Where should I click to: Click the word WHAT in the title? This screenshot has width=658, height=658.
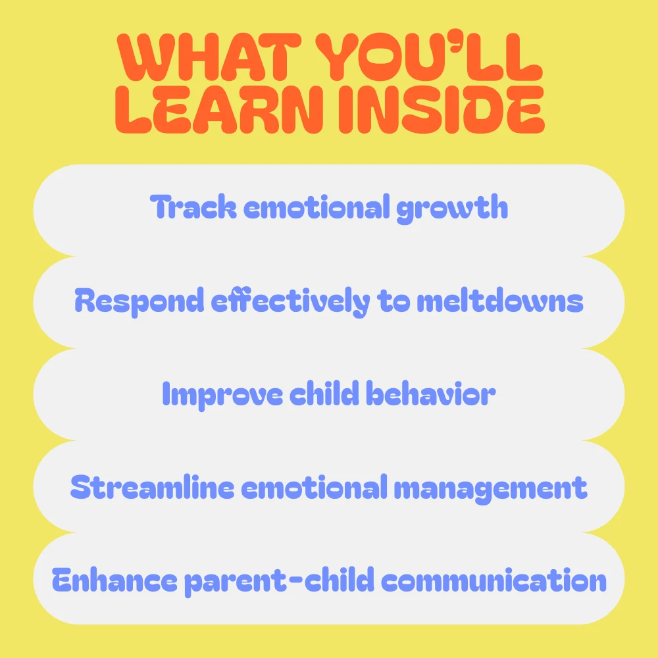coord(209,57)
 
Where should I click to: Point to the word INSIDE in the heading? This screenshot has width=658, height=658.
coord(442,109)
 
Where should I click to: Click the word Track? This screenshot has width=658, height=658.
coord(193,207)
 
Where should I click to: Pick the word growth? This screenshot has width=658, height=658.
coord(452,209)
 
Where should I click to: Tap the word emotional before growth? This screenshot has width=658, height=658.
coord(316,207)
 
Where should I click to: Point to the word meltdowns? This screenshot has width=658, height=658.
coord(500,301)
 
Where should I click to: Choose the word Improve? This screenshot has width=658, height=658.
coord(222,395)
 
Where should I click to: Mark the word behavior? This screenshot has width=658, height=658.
coord(430,393)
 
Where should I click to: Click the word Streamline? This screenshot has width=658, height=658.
coord(153,487)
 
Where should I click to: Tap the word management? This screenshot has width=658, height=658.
coord(490,489)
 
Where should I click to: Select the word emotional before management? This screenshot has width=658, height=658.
coord(314,487)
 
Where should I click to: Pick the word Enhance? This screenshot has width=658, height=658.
coord(114,580)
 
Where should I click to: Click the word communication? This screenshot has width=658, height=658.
coord(493,580)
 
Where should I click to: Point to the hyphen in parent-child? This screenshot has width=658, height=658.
coord(296,580)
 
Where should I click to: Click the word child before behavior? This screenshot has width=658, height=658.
coord(324,393)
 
